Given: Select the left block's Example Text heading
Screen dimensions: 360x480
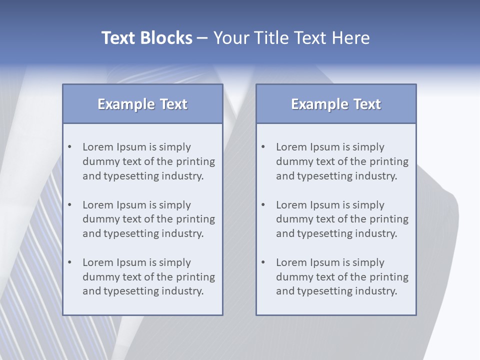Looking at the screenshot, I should click(142, 104).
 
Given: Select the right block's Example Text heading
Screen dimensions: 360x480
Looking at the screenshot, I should click(336, 104).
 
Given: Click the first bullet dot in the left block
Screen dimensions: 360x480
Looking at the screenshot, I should click(70, 147).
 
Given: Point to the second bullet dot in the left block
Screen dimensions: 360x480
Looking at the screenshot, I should click(70, 205).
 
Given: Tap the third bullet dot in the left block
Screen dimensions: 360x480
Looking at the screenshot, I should click(70, 262).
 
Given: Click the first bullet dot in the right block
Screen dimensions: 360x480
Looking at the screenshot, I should click(263, 147).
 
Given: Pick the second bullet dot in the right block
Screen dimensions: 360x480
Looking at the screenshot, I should click(263, 205).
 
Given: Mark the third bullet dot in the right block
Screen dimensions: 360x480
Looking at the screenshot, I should click(263, 262).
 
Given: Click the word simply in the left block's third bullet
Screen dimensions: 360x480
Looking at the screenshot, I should click(175, 262).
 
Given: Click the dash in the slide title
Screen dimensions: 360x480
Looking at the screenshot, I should click(202, 38).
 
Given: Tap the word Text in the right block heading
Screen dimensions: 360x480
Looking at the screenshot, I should click(367, 104).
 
